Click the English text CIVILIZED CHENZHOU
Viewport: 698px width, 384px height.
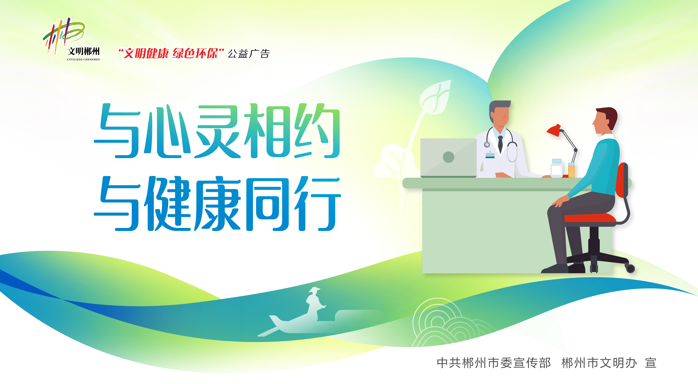coord(83,59)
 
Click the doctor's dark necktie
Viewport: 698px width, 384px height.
coord(500,144)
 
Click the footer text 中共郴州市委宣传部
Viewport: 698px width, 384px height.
coord(494,363)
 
